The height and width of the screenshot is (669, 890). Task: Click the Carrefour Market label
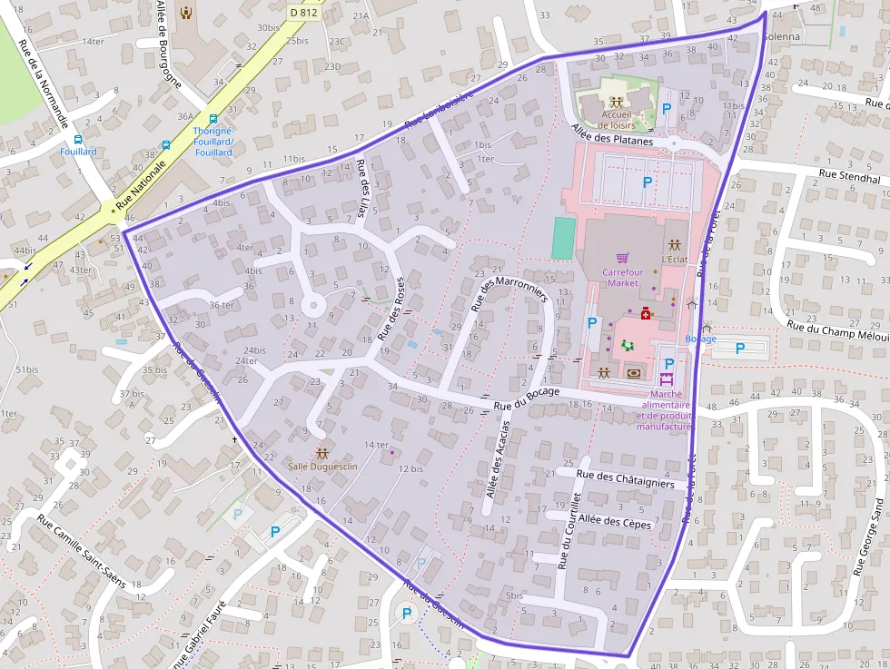click(623, 277)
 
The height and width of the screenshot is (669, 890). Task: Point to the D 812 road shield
click(304, 12)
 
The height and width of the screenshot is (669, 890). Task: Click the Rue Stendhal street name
click(849, 179)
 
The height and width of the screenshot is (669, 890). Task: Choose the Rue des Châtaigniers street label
click(625, 479)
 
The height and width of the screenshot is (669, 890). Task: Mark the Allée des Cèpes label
click(615, 521)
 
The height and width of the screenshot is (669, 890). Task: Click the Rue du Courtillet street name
click(569, 531)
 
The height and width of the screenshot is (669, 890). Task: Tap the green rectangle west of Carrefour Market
click(563, 238)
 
